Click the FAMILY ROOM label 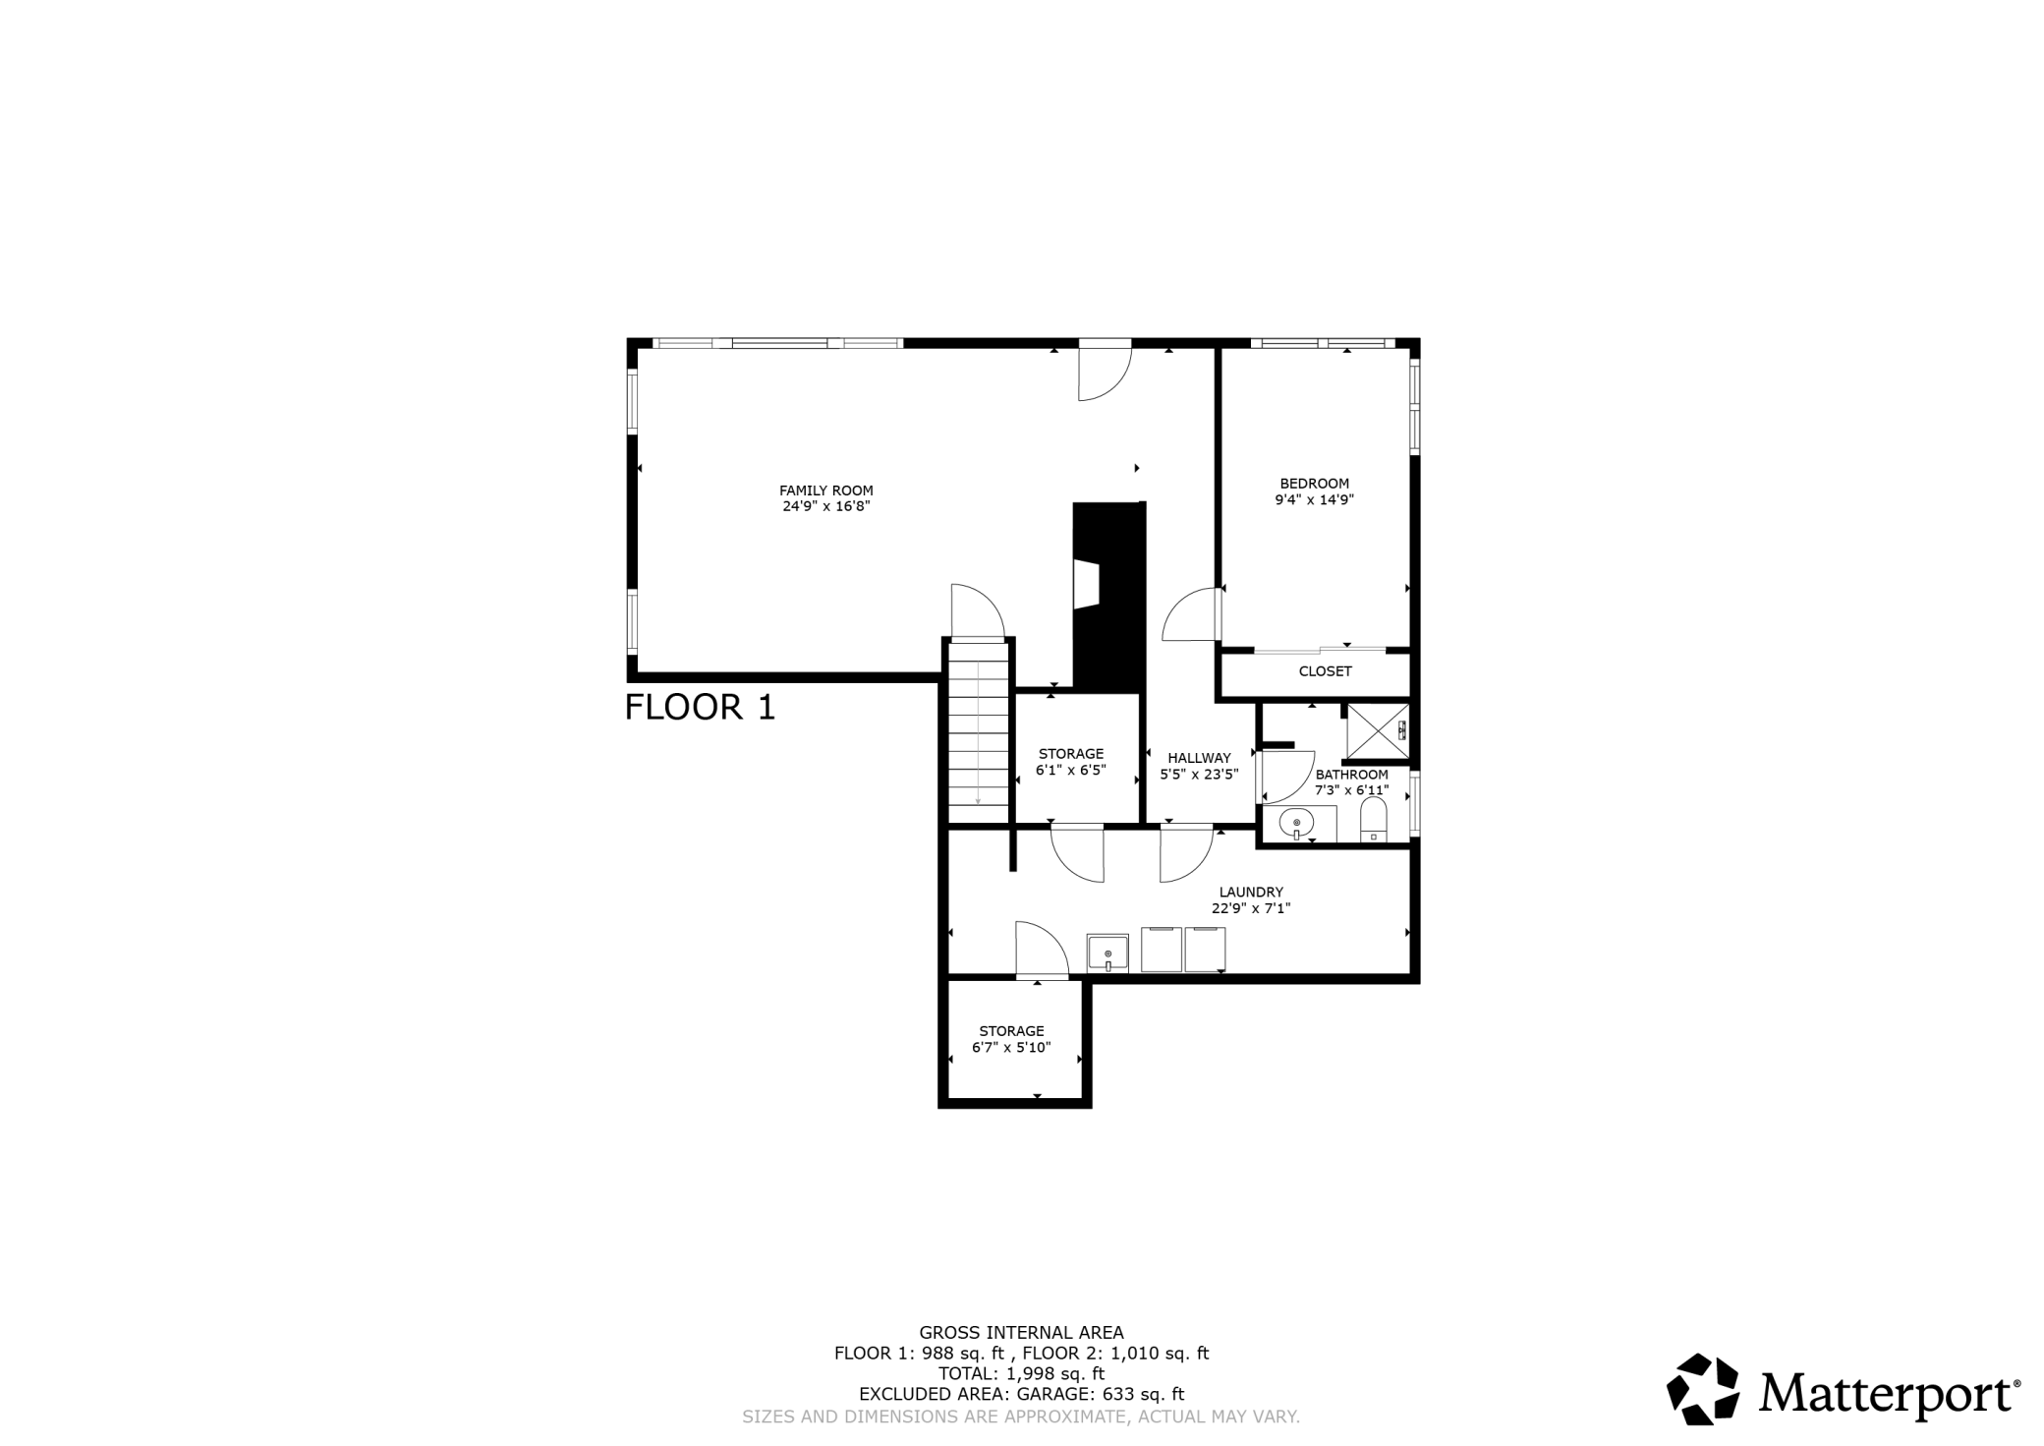[825, 491]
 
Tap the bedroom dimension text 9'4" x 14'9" [1314, 499]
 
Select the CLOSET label [1325, 671]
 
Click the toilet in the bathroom [1373, 820]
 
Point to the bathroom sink [1297, 823]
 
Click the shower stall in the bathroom [1378, 730]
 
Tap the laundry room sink [1107, 954]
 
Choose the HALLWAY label [1199, 758]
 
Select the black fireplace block [1109, 596]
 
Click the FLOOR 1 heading [700, 707]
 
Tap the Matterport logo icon [1703, 1389]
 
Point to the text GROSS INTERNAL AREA [1021, 1333]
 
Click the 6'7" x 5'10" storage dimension [1011, 1048]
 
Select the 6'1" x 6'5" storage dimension [1071, 770]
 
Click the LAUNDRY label [1250, 893]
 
